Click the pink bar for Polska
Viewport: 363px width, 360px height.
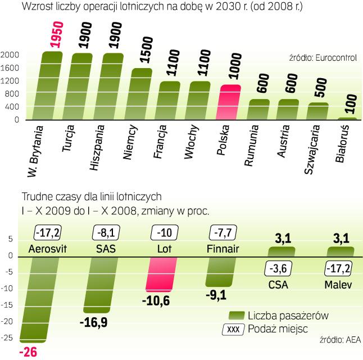229,102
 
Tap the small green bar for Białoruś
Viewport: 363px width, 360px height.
347,119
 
